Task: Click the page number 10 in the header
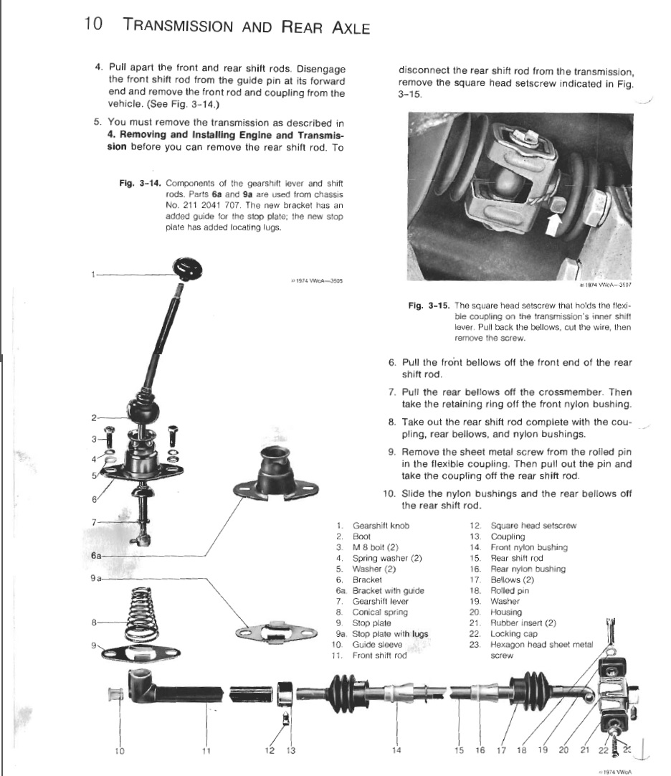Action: pos(92,24)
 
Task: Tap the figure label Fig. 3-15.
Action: pos(428,306)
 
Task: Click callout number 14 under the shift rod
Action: pos(396,751)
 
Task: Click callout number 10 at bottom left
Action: pos(119,751)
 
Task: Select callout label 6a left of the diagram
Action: pos(97,556)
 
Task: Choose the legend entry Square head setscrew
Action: pos(533,526)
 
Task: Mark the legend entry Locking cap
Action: pos(513,634)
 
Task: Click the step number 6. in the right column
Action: pos(392,363)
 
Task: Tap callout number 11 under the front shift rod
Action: pos(206,751)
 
